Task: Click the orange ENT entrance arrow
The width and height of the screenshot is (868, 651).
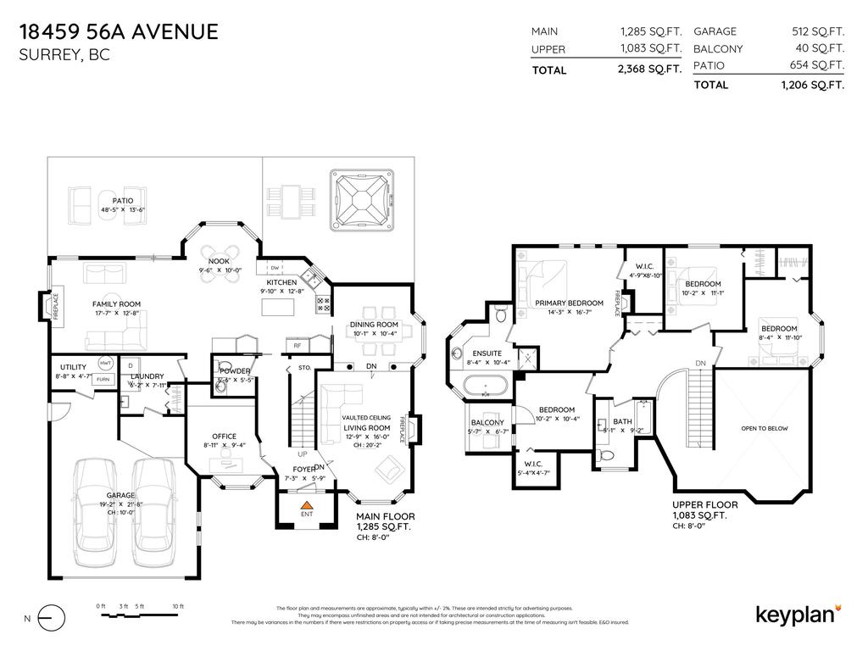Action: [x=308, y=506]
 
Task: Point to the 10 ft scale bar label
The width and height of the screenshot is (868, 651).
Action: [x=178, y=606]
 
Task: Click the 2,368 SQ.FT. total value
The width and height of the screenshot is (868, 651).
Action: [x=650, y=70]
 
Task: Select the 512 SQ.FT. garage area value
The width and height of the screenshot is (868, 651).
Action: [x=812, y=31]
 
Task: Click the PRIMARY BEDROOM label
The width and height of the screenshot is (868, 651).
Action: [x=569, y=303]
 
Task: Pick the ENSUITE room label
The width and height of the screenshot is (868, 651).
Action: [x=487, y=353]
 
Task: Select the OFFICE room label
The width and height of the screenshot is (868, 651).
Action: [x=225, y=437]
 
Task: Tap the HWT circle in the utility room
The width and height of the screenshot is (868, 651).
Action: [x=105, y=362]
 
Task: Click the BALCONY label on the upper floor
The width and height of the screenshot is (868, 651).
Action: [x=487, y=422]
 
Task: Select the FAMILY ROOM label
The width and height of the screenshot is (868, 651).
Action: [x=116, y=303]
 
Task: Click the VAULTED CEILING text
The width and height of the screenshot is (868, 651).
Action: [x=366, y=418]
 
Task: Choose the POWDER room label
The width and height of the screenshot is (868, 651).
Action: [x=234, y=371]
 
